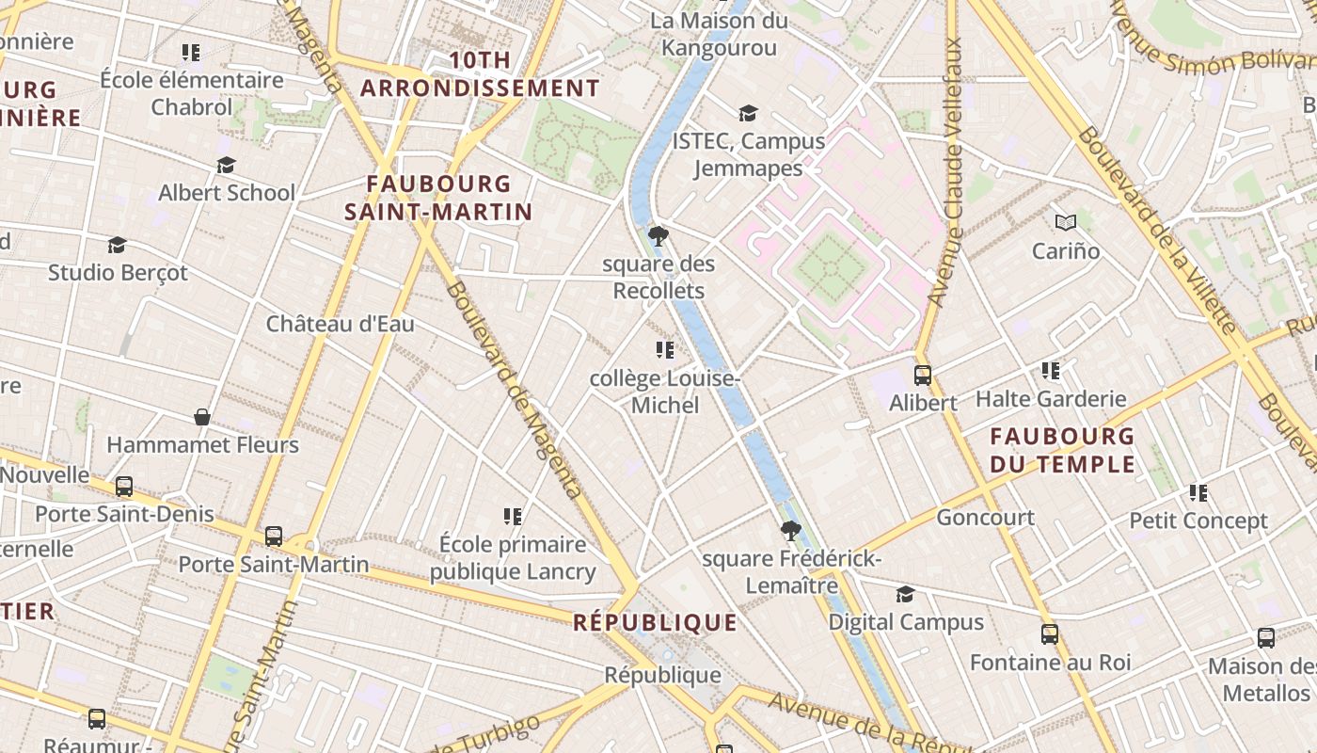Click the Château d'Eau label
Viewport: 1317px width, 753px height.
(340, 324)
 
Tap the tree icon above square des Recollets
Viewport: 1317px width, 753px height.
(658, 235)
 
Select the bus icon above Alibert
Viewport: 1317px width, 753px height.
(923, 375)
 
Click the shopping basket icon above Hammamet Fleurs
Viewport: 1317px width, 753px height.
(201, 416)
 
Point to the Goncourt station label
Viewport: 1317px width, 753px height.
(985, 517)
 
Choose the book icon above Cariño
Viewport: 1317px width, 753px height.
(1065, 222)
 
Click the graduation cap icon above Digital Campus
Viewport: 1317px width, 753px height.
(905, 594)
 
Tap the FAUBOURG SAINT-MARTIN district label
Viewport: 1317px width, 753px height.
(438, 198)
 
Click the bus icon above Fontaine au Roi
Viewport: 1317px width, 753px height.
(1050, 633)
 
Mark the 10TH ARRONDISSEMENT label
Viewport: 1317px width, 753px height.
(480, 74)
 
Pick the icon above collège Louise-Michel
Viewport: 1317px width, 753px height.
(665, 350)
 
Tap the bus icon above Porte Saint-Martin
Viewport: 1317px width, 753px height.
(274, 536)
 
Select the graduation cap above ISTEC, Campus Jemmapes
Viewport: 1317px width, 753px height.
(748, 113)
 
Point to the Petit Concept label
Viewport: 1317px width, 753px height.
(1198, 521)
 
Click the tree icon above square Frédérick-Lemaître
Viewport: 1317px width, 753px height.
(791, 531)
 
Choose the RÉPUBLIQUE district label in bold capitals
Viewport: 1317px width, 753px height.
(655, 622)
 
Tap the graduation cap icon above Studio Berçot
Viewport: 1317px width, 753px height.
(117, 245)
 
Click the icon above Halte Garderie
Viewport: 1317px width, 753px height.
(1051, 371)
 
